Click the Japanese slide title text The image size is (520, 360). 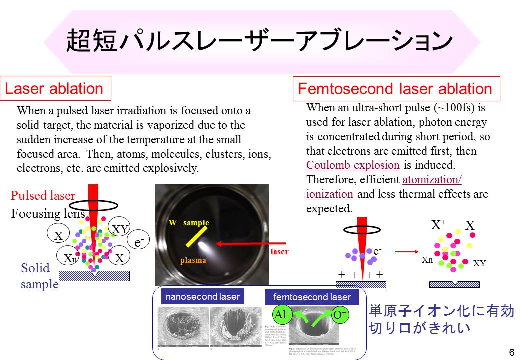259,42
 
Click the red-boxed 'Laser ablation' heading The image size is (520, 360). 54,89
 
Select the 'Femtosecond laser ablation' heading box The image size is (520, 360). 395,89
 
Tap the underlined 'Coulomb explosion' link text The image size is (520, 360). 353,165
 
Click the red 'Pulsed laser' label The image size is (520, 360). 43,196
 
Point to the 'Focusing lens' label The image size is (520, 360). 48,214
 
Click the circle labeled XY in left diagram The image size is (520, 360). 120,229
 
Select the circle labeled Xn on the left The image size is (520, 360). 70,258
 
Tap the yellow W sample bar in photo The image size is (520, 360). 197,236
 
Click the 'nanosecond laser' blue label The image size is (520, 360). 203,296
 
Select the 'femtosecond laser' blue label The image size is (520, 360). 312,297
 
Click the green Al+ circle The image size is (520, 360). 282,315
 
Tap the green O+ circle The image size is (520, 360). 340,315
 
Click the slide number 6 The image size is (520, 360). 511,352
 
